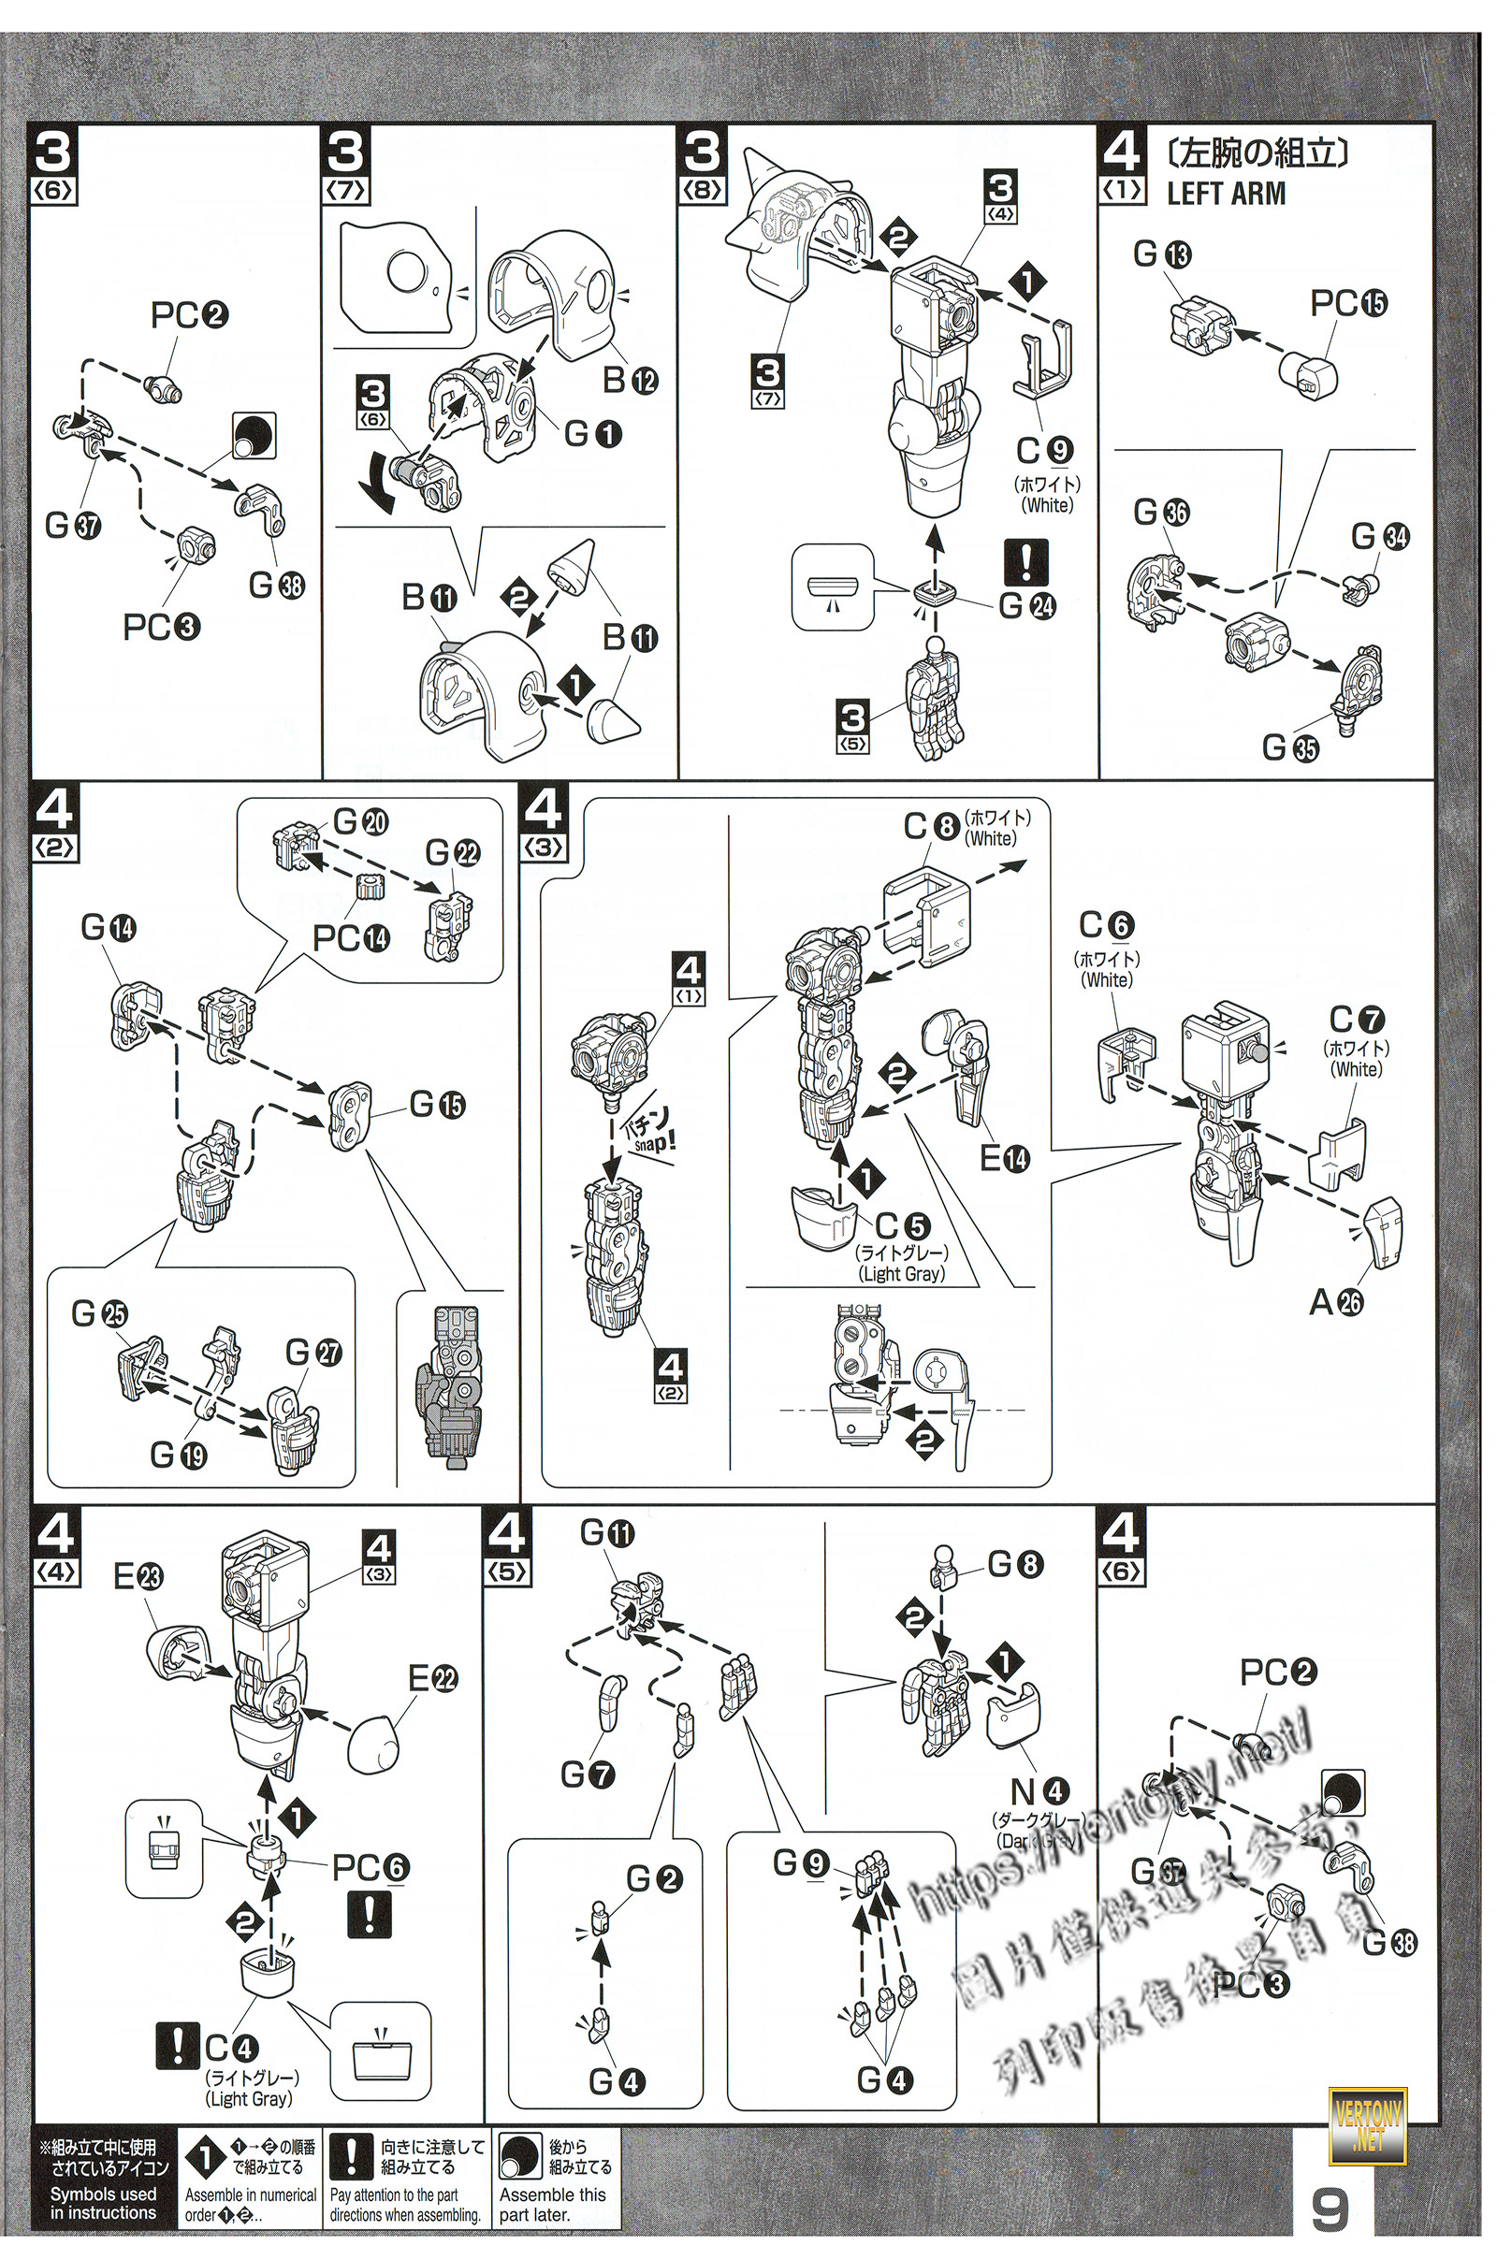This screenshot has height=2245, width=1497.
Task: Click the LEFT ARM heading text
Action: [1226, 194]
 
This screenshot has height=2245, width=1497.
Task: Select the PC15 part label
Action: [1348, 303]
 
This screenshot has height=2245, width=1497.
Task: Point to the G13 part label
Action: [1162, 253]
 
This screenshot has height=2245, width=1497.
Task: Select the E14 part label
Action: [1005, 1159]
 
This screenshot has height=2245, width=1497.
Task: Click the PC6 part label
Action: [371, 1868]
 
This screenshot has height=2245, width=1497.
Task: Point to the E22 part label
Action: [432, 1677]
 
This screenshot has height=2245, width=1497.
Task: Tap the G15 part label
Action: [437, 1105]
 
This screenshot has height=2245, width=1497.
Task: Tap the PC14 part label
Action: [350, 938]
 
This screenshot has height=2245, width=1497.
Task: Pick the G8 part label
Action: [1015, 1563]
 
